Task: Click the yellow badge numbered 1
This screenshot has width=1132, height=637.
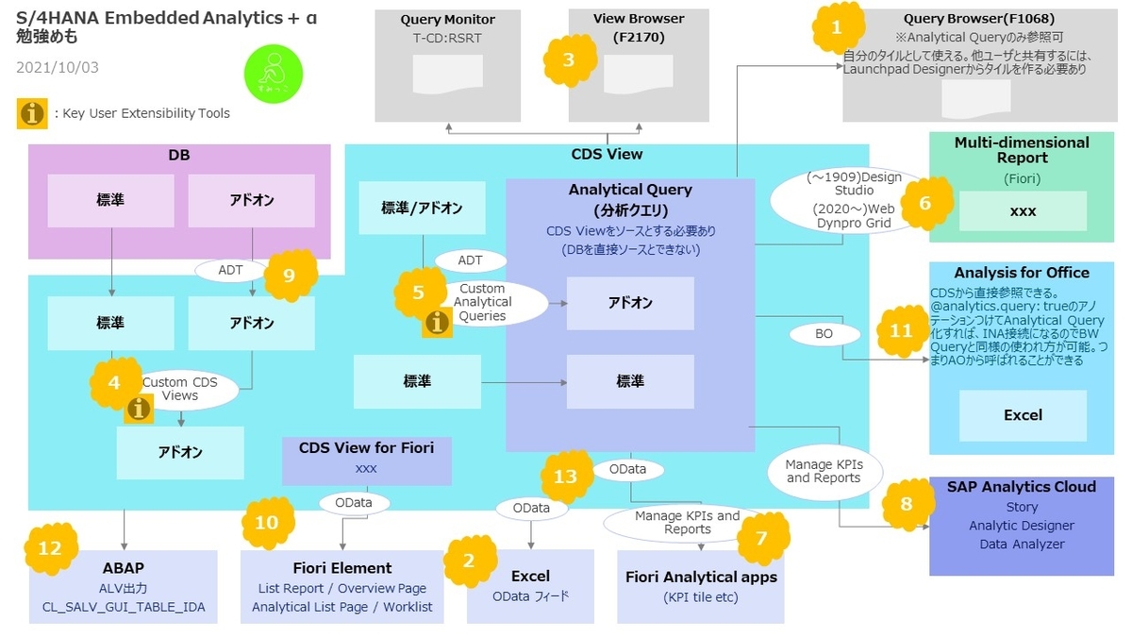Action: point(836,28)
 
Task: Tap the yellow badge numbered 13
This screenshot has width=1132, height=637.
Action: point(565,477)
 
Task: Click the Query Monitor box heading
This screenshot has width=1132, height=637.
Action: point(447,19)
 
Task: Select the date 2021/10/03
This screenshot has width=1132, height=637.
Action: point(58,68)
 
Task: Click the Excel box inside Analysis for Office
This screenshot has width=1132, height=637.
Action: point(1023,415)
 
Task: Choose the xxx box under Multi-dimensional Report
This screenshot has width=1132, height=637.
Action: point(1023,211)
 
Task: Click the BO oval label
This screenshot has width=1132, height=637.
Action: point(823,333)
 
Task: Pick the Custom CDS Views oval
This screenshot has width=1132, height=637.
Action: point(179,389)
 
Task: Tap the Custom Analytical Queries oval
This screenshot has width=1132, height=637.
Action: point(482,303)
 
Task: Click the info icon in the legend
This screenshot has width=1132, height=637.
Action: point(32,113)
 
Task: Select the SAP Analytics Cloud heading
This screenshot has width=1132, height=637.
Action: point(1022,487)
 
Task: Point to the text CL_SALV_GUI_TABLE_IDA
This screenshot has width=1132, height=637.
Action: point(124,607)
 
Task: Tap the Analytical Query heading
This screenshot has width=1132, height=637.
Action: point(630,190)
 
